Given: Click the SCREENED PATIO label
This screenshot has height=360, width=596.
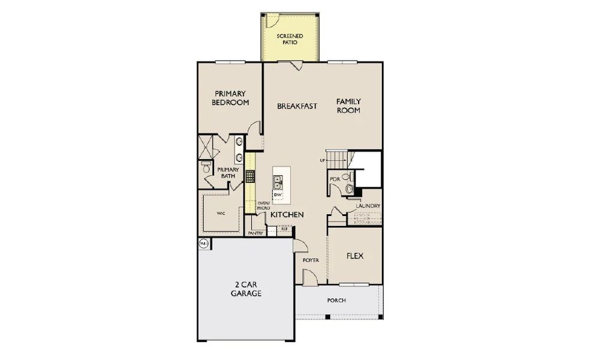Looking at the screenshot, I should coord(290,40).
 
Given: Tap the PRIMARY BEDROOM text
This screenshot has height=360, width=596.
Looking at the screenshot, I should coord(230,98).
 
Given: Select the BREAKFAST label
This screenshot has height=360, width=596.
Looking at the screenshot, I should coord(297,106).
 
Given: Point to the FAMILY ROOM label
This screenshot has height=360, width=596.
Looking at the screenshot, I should coord(348,106).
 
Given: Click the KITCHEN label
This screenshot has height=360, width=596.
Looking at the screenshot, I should coord(287,214).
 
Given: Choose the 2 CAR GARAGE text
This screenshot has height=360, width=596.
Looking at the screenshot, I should coord(246,289).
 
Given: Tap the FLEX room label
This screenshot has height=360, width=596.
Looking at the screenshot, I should coord(355,256).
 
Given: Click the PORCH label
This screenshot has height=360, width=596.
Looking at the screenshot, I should coord(336,300).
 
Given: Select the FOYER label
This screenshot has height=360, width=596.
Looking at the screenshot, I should coord(310,260).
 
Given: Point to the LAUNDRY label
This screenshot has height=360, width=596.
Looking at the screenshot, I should coord(368,206).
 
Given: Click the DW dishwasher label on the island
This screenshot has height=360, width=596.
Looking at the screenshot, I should coord(278,195).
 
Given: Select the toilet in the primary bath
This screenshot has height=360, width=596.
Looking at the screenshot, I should coord(206,169).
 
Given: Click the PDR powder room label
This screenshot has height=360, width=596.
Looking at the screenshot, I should coord(335,179).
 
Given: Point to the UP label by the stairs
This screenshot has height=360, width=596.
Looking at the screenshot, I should coord(322,161).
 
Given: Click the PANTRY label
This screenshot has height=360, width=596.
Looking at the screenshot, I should coord(255,233).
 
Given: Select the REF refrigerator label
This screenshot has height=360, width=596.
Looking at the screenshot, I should coord(284,229).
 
